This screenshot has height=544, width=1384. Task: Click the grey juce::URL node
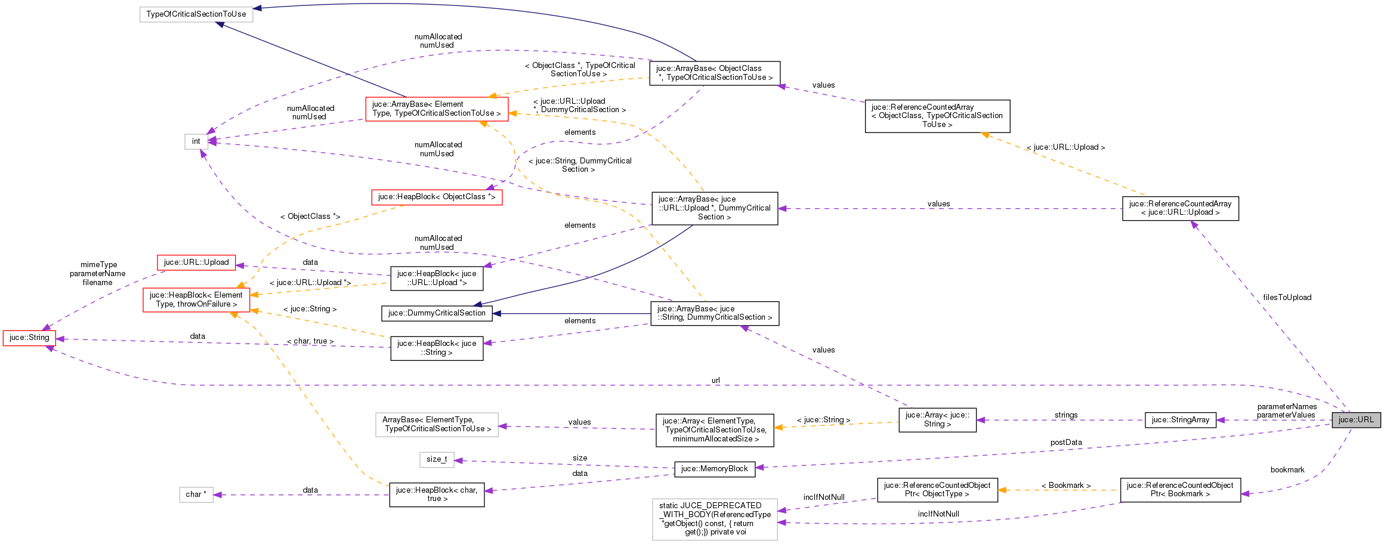point(1355,420)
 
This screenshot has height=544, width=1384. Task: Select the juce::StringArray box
point(1180,420)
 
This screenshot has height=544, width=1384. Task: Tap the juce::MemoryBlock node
point(714,469)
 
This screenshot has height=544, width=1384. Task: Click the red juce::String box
point(29,338)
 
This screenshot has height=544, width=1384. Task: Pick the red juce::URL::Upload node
point(196,262)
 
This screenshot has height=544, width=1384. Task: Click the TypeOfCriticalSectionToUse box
point(196,14)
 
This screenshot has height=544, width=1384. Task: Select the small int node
point(196,141)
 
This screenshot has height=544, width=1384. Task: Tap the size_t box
point(437,459)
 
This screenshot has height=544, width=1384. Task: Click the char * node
point(196,494)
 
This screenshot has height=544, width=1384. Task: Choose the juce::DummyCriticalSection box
point(437,313)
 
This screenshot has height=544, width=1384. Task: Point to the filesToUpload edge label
point(1287,298)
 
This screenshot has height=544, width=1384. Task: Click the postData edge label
point(1066,443)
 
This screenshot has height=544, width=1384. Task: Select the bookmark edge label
point(1287,470)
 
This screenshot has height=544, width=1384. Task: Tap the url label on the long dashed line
point(715,381)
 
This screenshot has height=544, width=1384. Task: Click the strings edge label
point(1066,415)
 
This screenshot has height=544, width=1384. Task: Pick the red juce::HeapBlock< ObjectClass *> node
point(437,197)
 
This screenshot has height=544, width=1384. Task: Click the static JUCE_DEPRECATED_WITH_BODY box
point(715,519)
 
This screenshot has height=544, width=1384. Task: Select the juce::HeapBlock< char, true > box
point(437,494)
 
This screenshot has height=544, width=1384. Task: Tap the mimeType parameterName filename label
point(98,274)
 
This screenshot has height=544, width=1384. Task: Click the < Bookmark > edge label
point(1066,486)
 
